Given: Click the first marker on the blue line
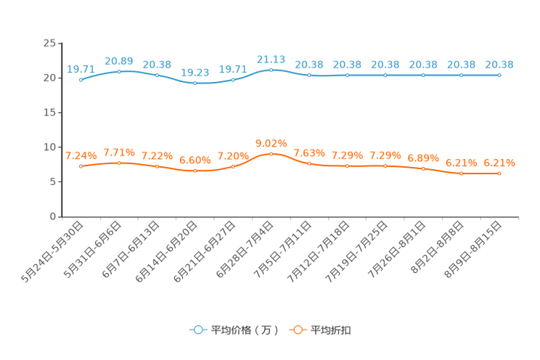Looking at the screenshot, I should click(81, 79).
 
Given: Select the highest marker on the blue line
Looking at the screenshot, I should click(271, 70).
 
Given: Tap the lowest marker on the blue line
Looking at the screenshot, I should click(195, 83).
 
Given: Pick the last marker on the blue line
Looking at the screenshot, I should click(499, 75).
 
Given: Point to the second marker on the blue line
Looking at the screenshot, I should click(118, 71).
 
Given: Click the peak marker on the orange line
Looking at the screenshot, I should click(271, 154).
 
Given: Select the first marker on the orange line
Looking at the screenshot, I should click(81, 166).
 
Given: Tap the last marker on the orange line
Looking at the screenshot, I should click(499, 173).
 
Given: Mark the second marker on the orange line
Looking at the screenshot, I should click(118, 163).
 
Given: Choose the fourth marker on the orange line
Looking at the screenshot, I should click(195, 171).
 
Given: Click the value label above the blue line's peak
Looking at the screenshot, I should click(271, 59).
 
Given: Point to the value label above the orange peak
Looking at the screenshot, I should click(271, 142).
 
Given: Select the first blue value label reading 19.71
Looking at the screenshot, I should click(81, 69).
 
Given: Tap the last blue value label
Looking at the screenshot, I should click(499, 65).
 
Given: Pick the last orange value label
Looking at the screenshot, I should click(499, 163).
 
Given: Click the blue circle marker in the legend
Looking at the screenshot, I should click(197, 330).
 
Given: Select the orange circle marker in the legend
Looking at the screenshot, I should click(297, 330).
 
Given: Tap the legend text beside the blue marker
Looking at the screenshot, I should click(245, 330).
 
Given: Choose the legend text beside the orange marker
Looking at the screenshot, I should click(332, 330).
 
